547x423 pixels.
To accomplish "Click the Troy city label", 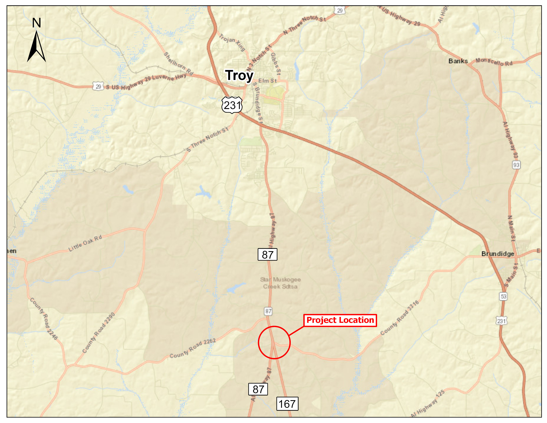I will [239, 75].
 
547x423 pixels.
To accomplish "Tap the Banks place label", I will [458, 61].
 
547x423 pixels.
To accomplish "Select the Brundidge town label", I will [497, 254].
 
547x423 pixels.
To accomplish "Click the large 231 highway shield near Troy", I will [232, 105].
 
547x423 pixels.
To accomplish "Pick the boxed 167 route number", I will [287, 404].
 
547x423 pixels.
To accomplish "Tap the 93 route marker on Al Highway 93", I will [516, 165].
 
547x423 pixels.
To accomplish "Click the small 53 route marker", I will [503, 296].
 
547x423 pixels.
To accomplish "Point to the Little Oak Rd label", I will [85, 243].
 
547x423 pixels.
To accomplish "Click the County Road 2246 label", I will [44, 318].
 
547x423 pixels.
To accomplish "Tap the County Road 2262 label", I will [192, 349].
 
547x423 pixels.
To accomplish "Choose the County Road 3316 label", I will [399, 318].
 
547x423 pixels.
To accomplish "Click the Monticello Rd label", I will [494, 62].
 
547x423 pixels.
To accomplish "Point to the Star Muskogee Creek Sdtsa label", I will [280, 283].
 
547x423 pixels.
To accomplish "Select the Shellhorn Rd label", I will [178, 63].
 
